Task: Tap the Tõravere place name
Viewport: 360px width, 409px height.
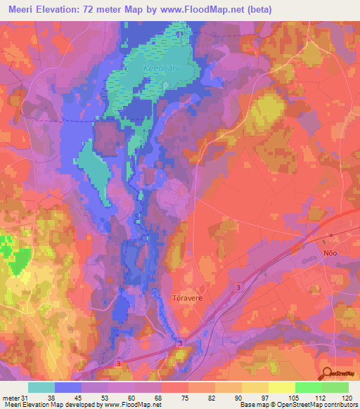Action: coord(187,297)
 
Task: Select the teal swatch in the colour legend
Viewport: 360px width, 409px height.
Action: coord(41,387)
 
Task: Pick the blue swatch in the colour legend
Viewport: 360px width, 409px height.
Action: coord(68,387)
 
